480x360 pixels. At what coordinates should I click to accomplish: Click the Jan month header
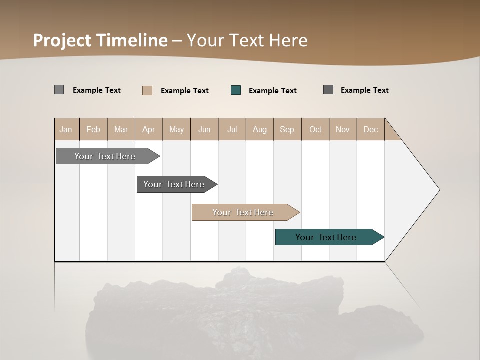coord(66,129)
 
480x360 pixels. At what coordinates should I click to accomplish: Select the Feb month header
coord(93,129)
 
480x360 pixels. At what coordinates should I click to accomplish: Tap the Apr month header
coord(149,129)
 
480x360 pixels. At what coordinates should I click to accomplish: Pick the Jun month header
coord(204,129)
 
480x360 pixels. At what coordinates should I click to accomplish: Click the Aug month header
coord(260,129)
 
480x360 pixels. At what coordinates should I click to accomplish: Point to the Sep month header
coord(287,129)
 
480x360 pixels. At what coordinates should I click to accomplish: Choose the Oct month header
coord(315,129)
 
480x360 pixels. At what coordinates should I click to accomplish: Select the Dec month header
coord(371,129)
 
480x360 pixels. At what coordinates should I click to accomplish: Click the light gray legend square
coord(59,90)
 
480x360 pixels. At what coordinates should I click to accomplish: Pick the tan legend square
coord(147,90)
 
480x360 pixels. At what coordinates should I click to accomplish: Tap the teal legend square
coord(236,90)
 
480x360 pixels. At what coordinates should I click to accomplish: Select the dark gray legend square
coord(328,90)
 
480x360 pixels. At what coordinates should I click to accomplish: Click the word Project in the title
coord(62,40)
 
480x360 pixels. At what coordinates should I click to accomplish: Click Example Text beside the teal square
coord(273,91)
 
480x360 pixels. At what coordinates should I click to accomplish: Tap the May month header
coord(176,129)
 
